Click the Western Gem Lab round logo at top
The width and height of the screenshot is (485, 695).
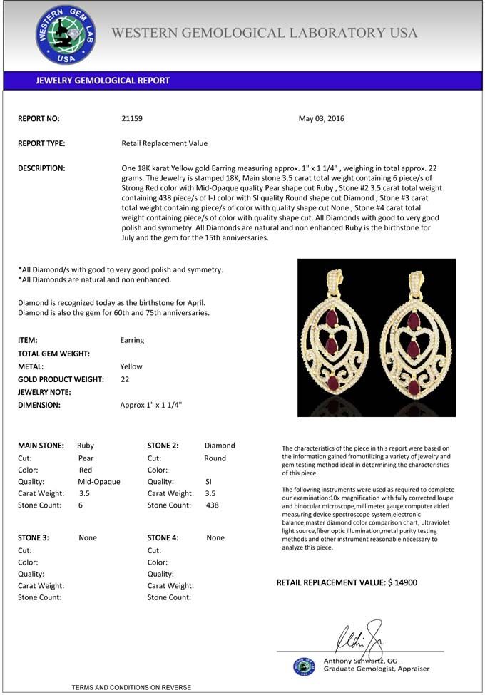point(66,34)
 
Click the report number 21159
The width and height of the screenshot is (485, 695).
point(132,119)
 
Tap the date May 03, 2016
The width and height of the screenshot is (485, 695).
point(321,119)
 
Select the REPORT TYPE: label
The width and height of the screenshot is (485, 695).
point(41,143)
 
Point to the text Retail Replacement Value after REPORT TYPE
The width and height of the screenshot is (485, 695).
point(165,143)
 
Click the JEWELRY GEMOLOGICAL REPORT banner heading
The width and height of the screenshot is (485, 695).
point(103,81)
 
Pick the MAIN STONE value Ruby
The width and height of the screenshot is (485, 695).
point(86,446)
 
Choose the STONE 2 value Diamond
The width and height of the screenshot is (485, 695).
point(220,446)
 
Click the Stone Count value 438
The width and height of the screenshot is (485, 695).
point(212,505)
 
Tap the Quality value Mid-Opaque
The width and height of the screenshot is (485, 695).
point(99,482)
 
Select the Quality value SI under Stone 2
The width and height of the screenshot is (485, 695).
point(209,482)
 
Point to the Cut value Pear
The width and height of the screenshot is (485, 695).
point(86,458)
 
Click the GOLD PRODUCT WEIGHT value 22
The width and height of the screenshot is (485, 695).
point(125,379)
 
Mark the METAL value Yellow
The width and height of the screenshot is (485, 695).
point(131,366)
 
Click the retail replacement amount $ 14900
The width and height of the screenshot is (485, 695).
point(402,583)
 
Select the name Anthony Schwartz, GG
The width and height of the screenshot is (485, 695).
point(360,661)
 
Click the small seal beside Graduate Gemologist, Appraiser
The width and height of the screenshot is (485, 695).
point(304,666)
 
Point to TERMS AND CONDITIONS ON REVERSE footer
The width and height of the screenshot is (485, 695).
point(131,687)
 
